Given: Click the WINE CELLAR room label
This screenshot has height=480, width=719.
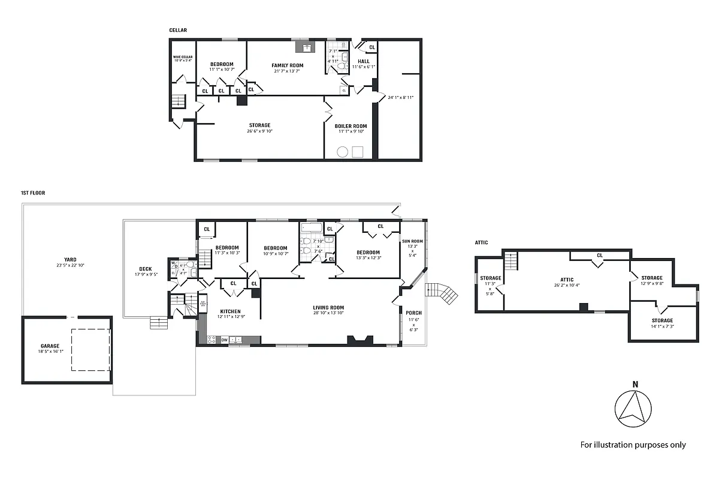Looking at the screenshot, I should point(183,57).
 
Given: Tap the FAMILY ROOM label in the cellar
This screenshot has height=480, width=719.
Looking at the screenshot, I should point(287,65).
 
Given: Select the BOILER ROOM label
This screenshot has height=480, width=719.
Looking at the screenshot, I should point(351,126).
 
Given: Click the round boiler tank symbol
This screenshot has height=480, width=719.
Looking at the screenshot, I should point(342,151).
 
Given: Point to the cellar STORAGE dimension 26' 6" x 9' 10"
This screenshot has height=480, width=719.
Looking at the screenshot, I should point(259,131).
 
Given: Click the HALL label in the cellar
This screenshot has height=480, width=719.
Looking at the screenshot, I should point(364,61).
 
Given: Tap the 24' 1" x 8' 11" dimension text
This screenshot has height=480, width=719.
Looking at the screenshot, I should point(401,97).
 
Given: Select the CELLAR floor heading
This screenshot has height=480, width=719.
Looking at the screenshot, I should point(178,29).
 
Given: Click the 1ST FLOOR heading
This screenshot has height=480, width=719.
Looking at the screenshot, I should point(33,193).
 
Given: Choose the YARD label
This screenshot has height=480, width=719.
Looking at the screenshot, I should point(70,260).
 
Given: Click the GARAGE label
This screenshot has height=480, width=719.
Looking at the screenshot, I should point(50,346).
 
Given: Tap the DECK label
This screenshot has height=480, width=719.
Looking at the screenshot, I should point(144,269).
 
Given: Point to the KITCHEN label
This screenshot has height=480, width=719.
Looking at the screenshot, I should point(230,311).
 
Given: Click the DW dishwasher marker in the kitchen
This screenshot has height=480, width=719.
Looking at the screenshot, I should point(224,340).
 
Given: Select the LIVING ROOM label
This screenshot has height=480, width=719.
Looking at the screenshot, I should point(328,308).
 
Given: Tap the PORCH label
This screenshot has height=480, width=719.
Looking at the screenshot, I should point(413,313).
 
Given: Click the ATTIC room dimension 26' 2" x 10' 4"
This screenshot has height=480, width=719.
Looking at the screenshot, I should point(567,285).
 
